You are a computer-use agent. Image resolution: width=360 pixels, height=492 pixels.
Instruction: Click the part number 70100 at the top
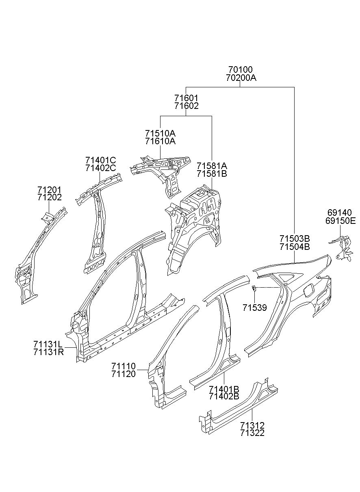click(240, 69)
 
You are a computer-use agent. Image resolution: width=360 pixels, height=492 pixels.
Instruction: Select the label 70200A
click(241, 78)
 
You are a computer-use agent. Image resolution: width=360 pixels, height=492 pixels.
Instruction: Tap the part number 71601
click(186, 98)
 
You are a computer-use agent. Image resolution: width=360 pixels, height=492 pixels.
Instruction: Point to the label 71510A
click(160, 133)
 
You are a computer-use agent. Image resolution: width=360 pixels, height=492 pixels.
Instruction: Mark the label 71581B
click(212, 173)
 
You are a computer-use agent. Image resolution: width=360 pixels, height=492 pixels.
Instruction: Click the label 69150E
click(340, 221)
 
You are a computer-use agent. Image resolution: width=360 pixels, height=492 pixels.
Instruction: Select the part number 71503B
click(295, 238)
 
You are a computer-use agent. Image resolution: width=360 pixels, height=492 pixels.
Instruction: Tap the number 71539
click(255, 308)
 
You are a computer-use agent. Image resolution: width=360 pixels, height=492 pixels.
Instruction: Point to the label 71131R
click(48, 352)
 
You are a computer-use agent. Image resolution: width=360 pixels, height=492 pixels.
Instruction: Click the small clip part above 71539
click(254, 288)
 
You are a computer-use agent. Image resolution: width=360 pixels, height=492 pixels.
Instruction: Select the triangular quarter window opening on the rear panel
click(288, 277)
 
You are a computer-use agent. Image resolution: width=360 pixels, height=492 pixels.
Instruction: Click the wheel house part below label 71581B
click(193, 230)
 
